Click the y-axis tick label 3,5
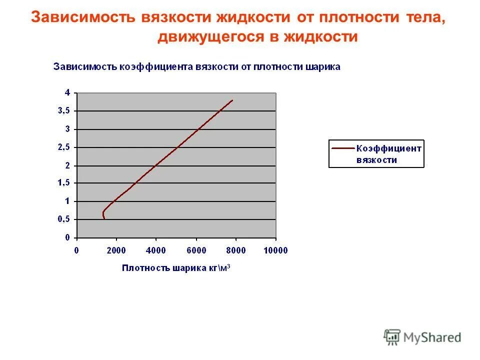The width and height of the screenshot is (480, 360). (x=64, y=111)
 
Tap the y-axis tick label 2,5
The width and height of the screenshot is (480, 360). (x=64, y=147)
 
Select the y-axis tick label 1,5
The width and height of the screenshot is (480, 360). (x=64, y=183)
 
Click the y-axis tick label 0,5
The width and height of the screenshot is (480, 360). (x=64, y=219)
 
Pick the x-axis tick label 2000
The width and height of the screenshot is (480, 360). (x=116, y=250)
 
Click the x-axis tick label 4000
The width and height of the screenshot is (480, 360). (x=156, y=250)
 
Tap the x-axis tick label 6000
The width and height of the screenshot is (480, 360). (x=196, y=250)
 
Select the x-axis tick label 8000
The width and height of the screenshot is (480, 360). (x=236, y=250)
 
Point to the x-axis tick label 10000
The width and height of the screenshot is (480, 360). (x=276, y=250)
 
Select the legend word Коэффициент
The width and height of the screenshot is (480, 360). (x=388, y=148)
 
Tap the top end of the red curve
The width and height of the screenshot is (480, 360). (x=232, y=100)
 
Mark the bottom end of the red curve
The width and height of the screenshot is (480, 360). (x=104, y=219)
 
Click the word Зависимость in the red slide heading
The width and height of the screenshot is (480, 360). (x=83, y=17)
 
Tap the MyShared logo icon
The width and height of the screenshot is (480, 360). (x=392, y=337)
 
